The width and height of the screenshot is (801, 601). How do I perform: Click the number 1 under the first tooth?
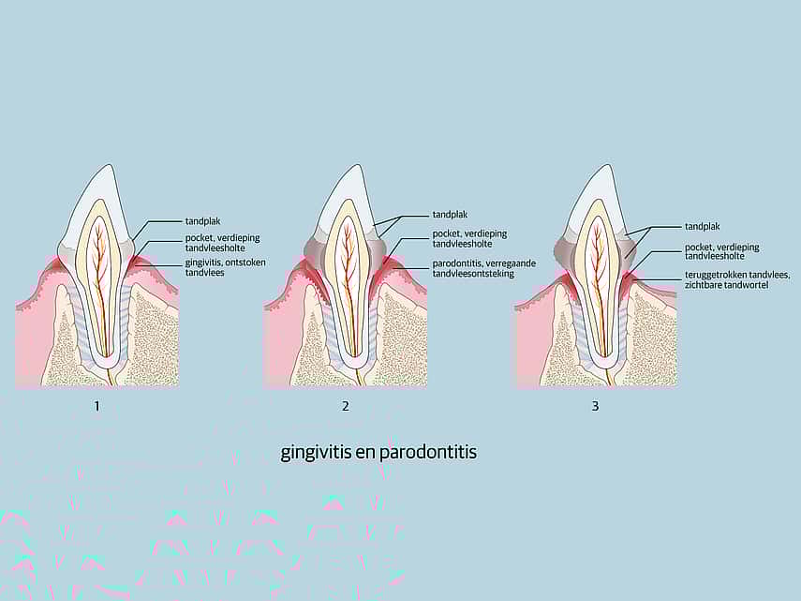(97, 406)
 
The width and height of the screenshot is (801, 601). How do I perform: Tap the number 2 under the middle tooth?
(346, 406)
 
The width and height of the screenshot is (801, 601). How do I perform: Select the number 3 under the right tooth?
(595, 406)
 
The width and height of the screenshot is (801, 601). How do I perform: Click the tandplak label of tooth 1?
(202, 221)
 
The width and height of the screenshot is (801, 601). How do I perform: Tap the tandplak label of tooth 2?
(450, 215)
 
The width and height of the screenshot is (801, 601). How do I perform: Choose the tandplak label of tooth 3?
(703, 226)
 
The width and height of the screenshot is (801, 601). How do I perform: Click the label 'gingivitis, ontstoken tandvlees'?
(225, 267)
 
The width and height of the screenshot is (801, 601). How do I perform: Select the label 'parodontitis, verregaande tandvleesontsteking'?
(484, 268)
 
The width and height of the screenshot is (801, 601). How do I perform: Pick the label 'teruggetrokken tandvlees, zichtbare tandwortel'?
(737, 279)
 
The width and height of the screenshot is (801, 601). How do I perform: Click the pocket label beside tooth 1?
(222, 243)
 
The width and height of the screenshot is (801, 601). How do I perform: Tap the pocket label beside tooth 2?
(470, 238)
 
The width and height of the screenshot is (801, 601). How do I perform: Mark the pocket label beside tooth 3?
(721, 251)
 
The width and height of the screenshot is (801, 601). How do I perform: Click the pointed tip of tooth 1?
(109, 165)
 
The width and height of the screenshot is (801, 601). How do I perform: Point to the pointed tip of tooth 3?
(607, 165)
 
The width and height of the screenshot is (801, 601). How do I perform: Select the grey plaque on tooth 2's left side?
(314, 248)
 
